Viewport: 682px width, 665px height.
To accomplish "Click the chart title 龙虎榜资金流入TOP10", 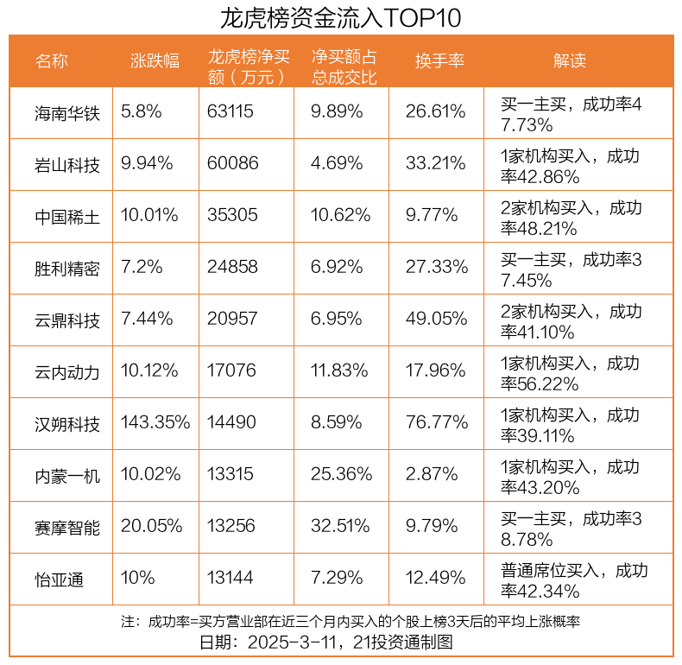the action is point(340,18).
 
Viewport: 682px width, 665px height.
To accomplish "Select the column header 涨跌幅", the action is point(155,60).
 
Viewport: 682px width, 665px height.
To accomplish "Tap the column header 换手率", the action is point(439,60).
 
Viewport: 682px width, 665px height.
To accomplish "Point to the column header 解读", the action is point(570,60).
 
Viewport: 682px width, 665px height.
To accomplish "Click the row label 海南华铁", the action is point(67,113).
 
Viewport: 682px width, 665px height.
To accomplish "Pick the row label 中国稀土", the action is point(67,217).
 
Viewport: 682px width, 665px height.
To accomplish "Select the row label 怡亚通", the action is point(60,579).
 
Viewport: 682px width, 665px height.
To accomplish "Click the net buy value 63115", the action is point(230,111).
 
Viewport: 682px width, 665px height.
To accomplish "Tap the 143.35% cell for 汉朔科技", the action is point(155,422).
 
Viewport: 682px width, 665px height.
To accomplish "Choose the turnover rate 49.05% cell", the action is point(436,319).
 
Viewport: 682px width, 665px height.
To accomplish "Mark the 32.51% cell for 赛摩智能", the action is point(340,526).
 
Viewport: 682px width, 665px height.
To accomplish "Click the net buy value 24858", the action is point(232,267).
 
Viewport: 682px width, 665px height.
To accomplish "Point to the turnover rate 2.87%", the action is point(432,474).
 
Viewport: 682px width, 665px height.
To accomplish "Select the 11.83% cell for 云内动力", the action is point(339,370).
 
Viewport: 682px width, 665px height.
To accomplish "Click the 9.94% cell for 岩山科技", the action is point(147,163).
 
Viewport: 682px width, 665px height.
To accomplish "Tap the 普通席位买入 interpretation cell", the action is point(574,580).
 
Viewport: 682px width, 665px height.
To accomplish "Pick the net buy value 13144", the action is point(230,578).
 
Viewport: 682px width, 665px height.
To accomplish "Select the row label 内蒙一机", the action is point(67,476).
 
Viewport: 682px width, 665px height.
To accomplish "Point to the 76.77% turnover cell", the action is point(437,422).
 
